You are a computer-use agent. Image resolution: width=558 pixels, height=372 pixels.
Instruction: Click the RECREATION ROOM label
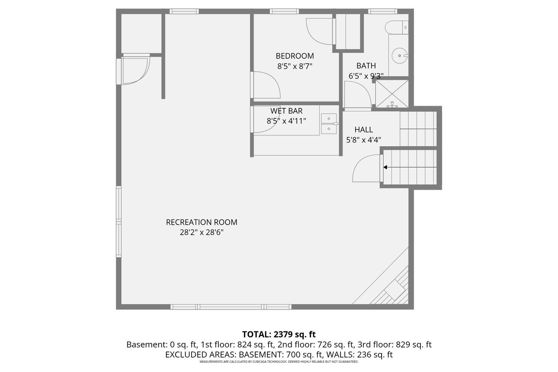click(201, 222)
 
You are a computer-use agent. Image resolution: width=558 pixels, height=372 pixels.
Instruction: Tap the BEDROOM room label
click(295, 56)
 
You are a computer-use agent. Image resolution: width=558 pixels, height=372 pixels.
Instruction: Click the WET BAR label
click(286, 111)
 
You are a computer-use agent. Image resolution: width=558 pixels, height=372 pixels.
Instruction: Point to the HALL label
click(363, 130)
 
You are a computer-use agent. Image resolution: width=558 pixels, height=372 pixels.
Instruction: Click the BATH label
click(366, 66)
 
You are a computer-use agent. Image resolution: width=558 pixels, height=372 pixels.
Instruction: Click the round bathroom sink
click(400, 56)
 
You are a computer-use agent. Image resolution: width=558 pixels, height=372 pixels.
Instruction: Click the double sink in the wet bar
click(329, 124)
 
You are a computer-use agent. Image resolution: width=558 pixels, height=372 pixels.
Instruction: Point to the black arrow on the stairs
click(385, 167)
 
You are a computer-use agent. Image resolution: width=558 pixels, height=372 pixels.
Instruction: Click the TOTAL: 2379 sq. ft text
click(279, 334)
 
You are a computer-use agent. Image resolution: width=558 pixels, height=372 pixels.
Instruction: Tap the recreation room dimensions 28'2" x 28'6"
click(201, 232)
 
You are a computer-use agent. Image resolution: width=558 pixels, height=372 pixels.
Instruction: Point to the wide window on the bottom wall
click(231, 307)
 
